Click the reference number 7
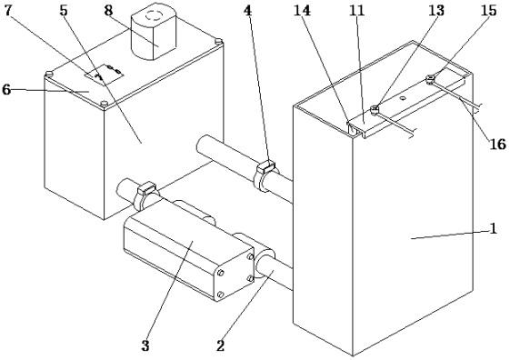tap(7, 10)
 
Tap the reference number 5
tap(64, 10)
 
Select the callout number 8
tap(108, 10)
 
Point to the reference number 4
tap(247, 10)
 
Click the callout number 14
tap(303, 10)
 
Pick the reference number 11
tap(357, 10)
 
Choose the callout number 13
tap(436, 10)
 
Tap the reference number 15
tap(489, 10)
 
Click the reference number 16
tap(498, 144)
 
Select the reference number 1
tap(494, 228)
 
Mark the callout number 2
tap(221, 345)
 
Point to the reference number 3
tap(145, 345)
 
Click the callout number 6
tap(6, 89)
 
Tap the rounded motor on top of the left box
tap(154, 31)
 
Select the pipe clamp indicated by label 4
tap(266, 175)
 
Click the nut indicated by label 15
tap(430, 78)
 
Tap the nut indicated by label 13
tap(375, 109)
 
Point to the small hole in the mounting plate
tap(403, 97)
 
